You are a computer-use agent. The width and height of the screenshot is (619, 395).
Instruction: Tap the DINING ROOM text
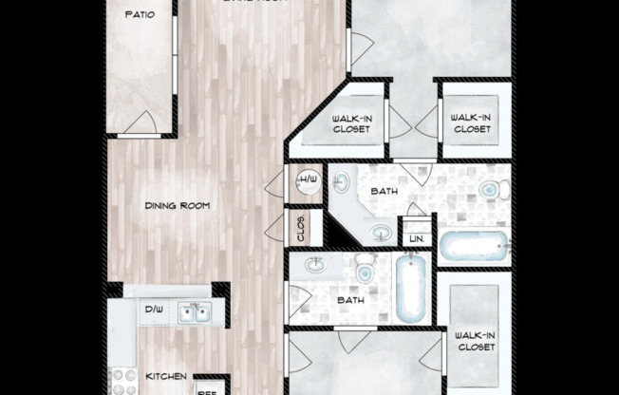click(177, 206)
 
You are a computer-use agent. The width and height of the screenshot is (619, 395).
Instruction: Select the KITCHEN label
click(165, 376)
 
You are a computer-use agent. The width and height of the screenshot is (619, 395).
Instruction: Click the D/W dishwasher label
click(155, 310)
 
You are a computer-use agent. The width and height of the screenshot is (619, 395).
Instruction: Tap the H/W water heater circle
click(308, 180)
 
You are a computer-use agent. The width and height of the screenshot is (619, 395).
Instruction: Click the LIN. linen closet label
click(416, 239)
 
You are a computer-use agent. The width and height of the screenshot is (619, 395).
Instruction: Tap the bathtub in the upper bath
click(473, 247)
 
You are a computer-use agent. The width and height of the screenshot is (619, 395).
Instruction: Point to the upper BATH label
click(385, 191)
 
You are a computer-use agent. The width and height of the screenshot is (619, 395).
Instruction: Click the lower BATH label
click(351, 301)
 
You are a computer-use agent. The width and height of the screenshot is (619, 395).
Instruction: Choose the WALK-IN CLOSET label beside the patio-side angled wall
click(351, 123)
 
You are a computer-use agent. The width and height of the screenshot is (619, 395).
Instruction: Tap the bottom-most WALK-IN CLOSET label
click(474, 341)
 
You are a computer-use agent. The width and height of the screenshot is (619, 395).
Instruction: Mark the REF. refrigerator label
click(207, 387)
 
